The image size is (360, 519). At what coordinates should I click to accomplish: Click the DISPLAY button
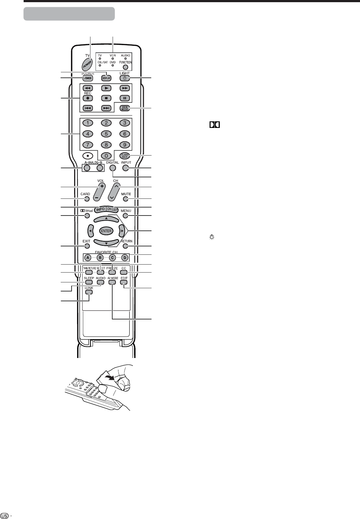[x=106, y=78]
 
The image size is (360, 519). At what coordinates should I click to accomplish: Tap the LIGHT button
[x=124, y=78]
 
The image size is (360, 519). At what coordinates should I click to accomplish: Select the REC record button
[x=88, y=98]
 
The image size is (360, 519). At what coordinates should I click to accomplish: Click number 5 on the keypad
[x=106, y=133]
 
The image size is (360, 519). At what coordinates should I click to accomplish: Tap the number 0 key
[x=106, y=156]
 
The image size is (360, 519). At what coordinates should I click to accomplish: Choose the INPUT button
[x=125, y=168]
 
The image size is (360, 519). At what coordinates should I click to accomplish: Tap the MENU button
[x=125, y=216]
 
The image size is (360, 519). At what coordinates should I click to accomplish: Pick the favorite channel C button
[x=112, y=258]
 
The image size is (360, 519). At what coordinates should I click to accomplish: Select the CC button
[x=124, y=271]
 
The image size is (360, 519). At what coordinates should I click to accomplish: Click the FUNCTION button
[x=125, y=67]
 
